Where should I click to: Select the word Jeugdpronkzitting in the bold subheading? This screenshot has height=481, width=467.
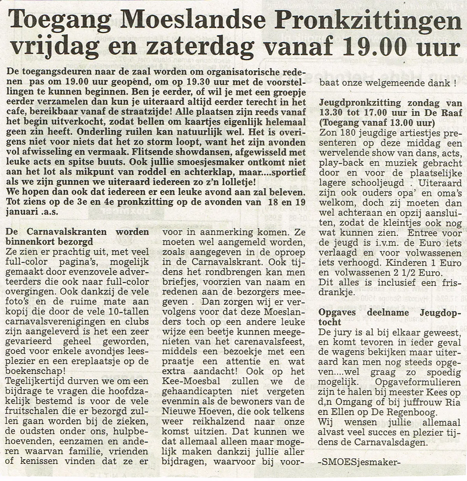[360, 103]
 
